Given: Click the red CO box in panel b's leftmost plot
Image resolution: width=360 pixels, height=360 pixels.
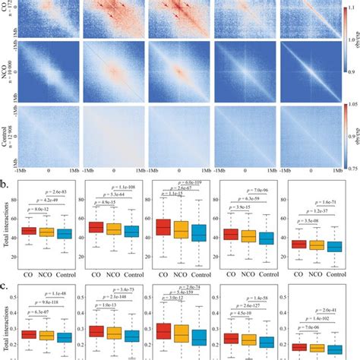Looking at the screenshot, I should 28,231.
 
